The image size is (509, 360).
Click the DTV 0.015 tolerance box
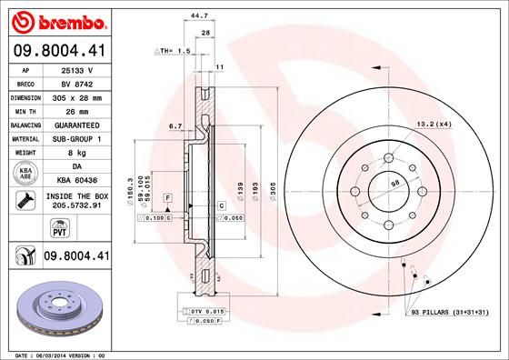(x=199, y=311)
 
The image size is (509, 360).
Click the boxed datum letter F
(x=167, y=197)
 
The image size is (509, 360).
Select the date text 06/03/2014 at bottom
(x=61, y=354)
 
